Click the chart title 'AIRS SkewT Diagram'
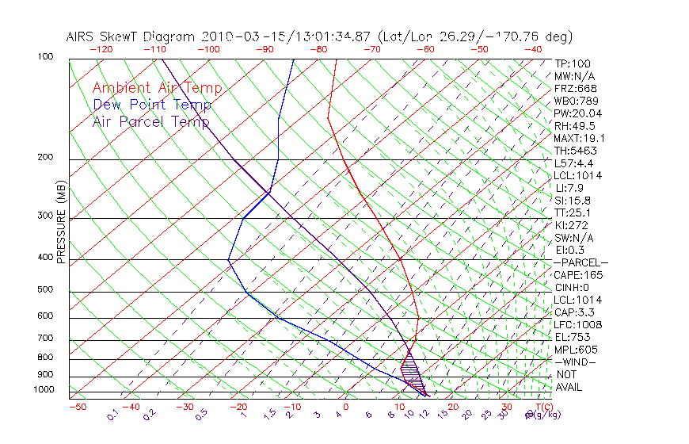[131, 36]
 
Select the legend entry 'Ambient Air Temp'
[157, 88]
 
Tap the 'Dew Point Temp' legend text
[151, 105]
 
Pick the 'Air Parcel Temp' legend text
[150, 122]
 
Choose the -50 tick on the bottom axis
[77, 407]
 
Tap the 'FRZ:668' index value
[575, 88]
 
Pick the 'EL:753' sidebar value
[573, 337]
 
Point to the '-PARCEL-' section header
[581, 262]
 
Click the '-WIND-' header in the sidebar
[575, 362]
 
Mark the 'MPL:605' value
[575, 350]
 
